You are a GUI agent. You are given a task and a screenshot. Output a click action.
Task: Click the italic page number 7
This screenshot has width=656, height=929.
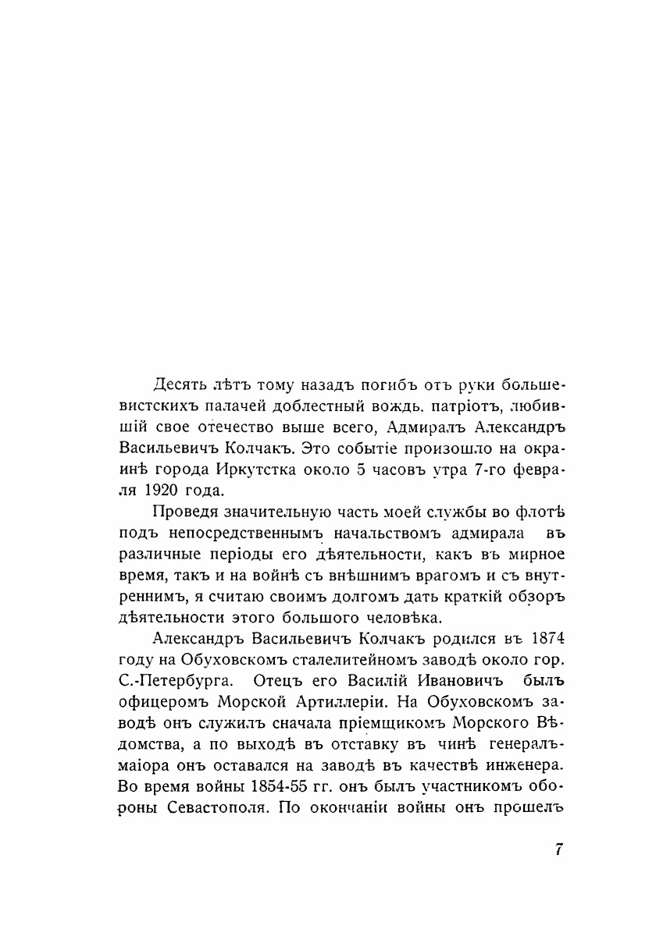click(x=558, y=850)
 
